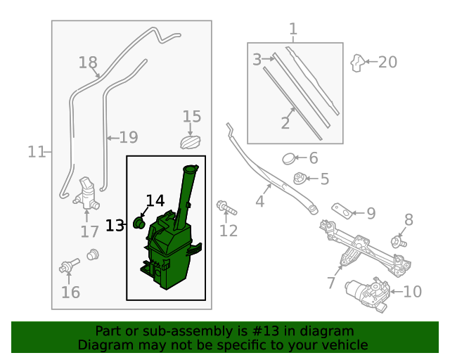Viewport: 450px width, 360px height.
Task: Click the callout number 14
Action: (155, 201)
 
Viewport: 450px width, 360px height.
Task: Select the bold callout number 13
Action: (115, 225)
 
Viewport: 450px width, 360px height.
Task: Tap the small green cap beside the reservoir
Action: (139, 224)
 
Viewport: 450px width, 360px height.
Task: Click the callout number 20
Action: (387, 62)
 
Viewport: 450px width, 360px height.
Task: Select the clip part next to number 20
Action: (358, 63)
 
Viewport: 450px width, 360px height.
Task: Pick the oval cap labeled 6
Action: (289, 159)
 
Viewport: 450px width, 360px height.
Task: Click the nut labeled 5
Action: (300, 179)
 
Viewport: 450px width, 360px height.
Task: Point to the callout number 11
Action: (37, 151)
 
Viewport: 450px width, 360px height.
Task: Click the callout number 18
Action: (88, 63)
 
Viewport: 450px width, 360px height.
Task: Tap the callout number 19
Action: (127, 138)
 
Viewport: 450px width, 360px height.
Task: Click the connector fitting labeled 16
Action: (69, 266)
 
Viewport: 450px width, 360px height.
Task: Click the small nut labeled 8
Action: (399, 242)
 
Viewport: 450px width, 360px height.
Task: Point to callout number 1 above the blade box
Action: (293, 29)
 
